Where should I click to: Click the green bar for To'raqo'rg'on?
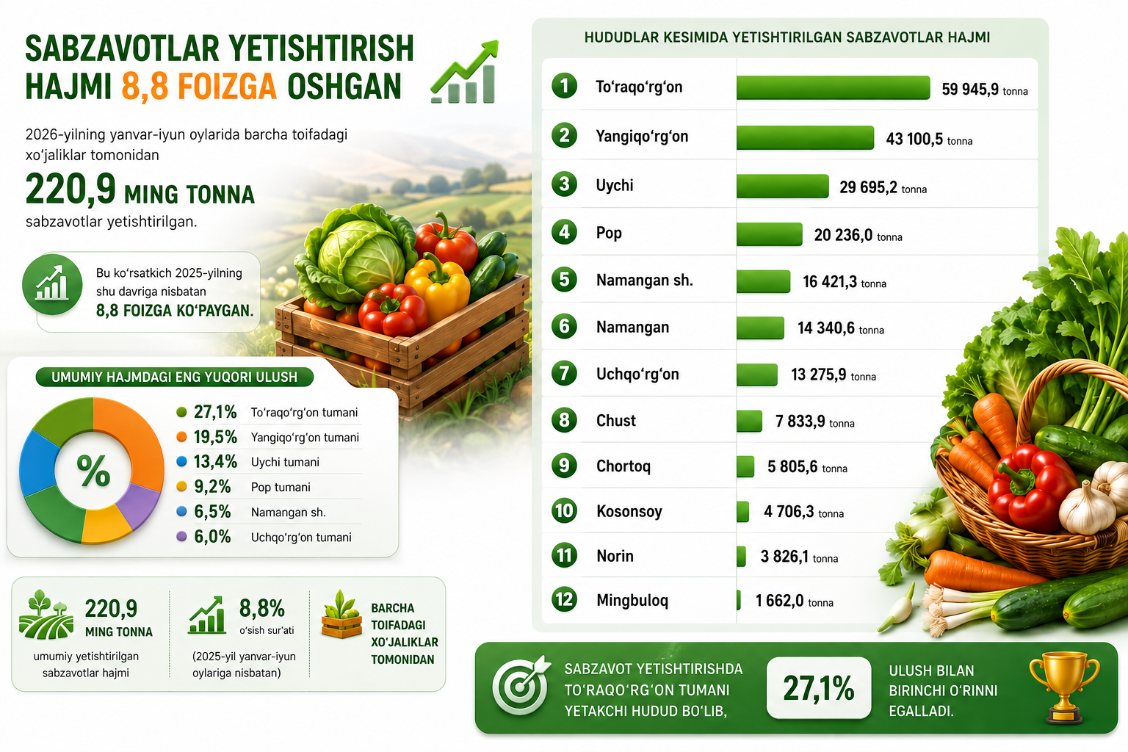coord(833,87)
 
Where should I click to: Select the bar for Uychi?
coord(783,186)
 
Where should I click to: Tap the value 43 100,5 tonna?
coord(929,139)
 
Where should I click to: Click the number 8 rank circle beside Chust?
coord(564,419)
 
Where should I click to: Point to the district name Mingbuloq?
coord(632,600)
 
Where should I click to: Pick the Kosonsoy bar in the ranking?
coord(742,511)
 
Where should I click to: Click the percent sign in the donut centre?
coord(93,471)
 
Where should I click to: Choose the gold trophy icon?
coord(1064,687)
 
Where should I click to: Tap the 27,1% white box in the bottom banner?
coord(819,687)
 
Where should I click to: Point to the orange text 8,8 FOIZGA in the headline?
coord(199,86)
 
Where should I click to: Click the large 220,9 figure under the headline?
coord(70,189)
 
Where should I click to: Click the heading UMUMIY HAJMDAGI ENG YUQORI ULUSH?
coord(174,377)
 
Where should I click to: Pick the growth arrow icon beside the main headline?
coord(465,72)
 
